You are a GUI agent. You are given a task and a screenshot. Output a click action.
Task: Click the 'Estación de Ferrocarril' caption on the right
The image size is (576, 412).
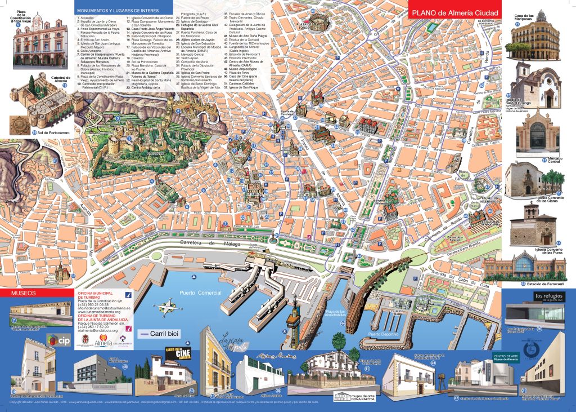[x=545, y=284]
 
